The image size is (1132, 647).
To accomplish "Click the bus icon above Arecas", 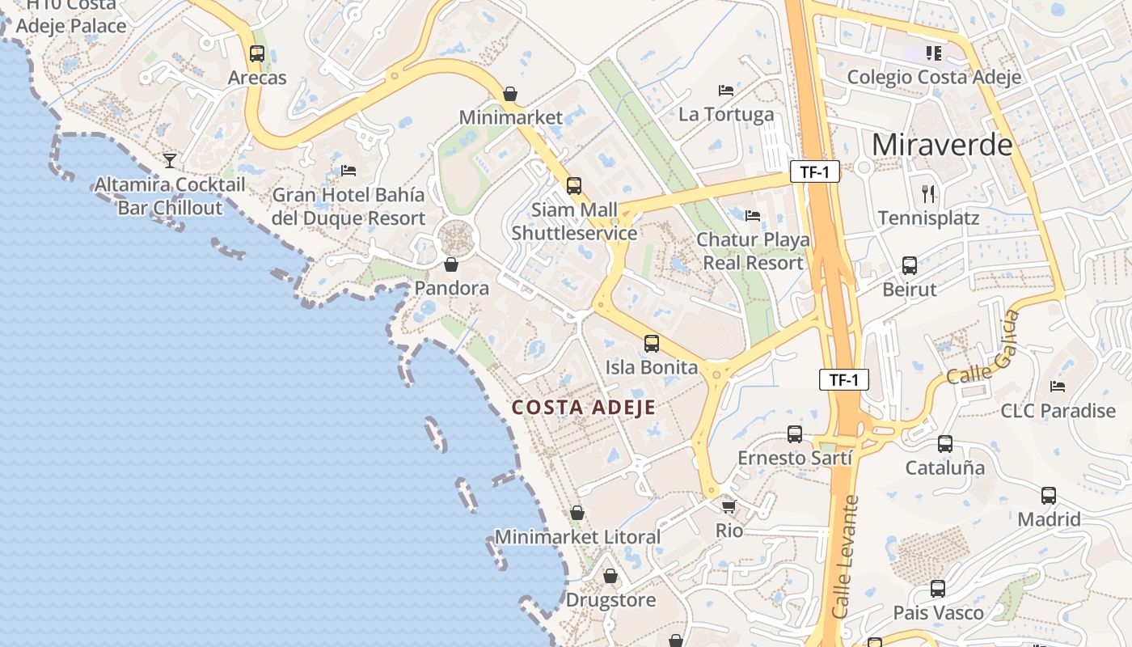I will tap(257, 54).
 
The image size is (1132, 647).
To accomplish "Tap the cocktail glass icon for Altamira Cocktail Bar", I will tap(170, 161).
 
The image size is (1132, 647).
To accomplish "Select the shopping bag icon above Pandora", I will tap(451, 264).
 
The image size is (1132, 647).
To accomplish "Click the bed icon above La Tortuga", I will tap(726, 90).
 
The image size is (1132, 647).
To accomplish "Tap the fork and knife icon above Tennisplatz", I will tap(928, 194).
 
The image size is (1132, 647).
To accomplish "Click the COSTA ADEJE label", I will tap(584, 408).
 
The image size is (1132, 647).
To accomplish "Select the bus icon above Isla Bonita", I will tap(652, 344).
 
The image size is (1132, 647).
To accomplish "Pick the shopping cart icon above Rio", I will tap(729, 507).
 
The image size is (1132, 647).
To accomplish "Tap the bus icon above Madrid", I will tap(1049, 496).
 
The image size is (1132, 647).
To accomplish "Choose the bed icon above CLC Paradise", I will tap(1057, 387).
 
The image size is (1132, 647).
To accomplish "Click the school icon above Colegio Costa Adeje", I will tap(934, 53).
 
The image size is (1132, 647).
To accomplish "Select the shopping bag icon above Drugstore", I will tap(610, 576).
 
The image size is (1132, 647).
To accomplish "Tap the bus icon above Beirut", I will tap(910, 265).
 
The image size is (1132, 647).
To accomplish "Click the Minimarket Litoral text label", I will tap(577, 537).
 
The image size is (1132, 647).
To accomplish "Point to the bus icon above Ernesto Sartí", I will tap(795, 434).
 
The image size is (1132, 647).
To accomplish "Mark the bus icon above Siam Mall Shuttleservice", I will tap(574, 186).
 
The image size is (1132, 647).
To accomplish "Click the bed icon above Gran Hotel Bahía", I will tap(348, 170).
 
